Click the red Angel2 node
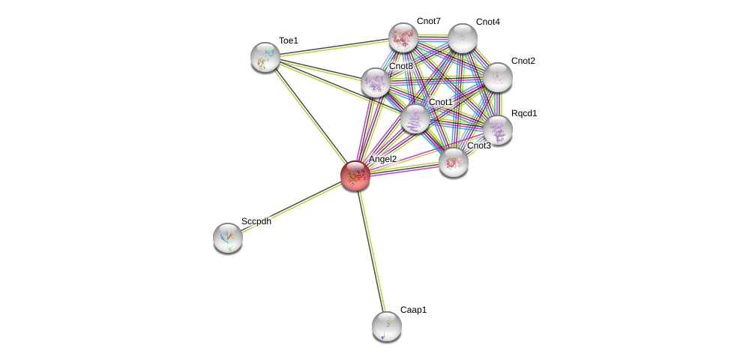coord(355,175)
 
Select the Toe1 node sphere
coord(265,57)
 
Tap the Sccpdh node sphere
coord(228,238)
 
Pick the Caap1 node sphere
coord(387,326)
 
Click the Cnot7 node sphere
coord(403,37)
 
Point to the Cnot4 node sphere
coord(463,38)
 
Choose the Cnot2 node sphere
coord(497,77)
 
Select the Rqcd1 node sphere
coord(497,130)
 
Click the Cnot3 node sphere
coord(454,162)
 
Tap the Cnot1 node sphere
coord(415,118)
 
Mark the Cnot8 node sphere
coord(376,82)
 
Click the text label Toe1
coord(289,40)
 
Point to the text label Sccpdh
coord(256,221)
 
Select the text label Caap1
coord(413,310)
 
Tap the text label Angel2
coord(382,159)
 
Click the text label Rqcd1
coord(524,113)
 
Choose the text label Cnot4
coord(487,22)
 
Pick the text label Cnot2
coord(523,61)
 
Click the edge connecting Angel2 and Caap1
coord(371,250)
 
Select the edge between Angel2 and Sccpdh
coord(292,206)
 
